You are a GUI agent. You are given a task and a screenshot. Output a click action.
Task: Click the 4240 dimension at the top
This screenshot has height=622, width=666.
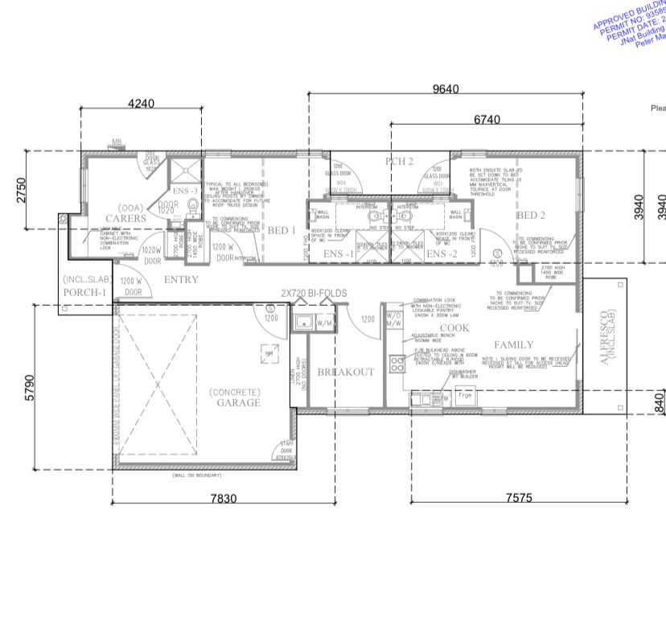pyautogui.click(x=141, y=103)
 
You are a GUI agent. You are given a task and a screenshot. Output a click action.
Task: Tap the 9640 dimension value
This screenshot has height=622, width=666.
pyautogui.click(x=446, y=89)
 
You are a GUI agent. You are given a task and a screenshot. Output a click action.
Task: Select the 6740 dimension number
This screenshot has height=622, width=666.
pyautogui.click(x=487, y=120)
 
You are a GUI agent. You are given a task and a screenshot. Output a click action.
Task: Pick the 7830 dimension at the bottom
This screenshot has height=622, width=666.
pyautogui.click(x=224, y=499)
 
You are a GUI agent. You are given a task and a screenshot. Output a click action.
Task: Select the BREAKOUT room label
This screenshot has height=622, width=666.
pyautogui.click(x=345, y=372)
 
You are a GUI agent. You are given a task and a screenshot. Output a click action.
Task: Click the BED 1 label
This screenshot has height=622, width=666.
pyautogui.click(x=282, y=231)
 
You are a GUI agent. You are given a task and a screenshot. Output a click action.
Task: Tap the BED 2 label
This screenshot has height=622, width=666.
pyautogui.click(x=531, y=215)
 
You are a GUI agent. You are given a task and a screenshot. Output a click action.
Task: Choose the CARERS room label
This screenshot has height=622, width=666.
pyautogui.click(x=127, y=218)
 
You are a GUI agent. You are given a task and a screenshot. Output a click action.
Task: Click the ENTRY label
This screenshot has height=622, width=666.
pyautogui.click(x=180, y=279)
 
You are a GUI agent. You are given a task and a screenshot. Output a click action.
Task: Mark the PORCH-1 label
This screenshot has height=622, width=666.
pyautogui.click(x=84, y=292)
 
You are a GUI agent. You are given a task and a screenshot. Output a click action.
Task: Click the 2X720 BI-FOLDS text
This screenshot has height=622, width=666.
pyautogui.click(x=314, y=294)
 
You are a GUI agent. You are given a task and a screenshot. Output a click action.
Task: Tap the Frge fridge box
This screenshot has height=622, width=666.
pyautogui.click(x=465, y=396)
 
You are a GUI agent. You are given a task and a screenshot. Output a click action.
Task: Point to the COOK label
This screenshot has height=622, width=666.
pyautogui.click(x=454, y=327)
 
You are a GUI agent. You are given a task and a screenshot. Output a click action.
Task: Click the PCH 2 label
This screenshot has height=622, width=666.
pyautogui.click(x=398, y=162)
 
